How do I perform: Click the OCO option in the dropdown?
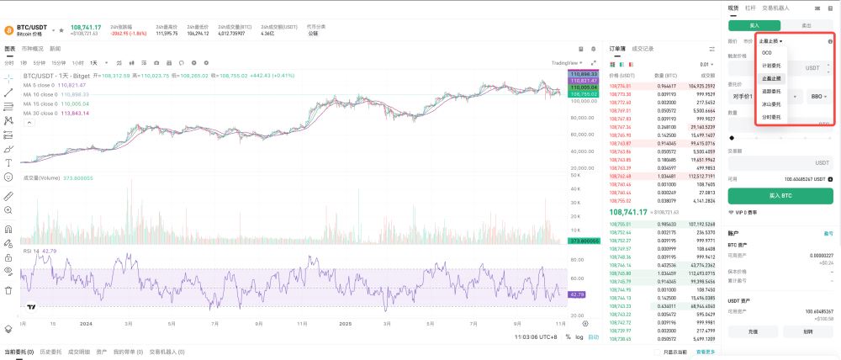click(766, 53)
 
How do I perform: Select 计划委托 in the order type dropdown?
click(771, 66)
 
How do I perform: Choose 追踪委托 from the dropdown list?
click(771, 91)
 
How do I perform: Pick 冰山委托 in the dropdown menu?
click(771, 103)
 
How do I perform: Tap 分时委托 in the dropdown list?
click(771, 117)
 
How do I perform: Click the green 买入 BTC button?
click(780, 196)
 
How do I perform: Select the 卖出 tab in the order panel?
click(807, 25)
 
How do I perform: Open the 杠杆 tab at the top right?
click(750, 8)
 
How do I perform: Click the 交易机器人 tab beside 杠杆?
click(775, 8)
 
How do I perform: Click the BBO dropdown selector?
click(818, 97)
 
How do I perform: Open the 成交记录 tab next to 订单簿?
click(643, 49)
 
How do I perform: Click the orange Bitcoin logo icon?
click(8, 29)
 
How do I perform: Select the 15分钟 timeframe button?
click(59, 63)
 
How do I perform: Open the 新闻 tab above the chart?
click(55, 49)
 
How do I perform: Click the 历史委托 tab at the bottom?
click(50, 352)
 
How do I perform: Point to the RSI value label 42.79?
click(577, 294)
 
